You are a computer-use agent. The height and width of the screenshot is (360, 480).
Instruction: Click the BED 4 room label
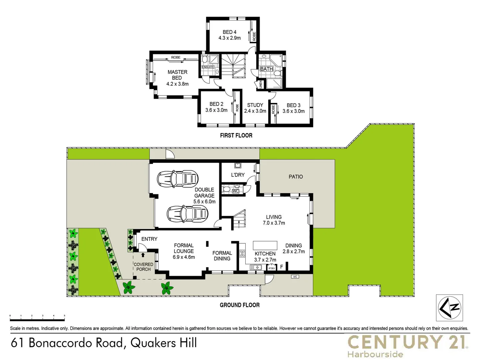(x=230, y=35)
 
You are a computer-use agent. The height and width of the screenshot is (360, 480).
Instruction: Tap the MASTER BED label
(x=177, y=78)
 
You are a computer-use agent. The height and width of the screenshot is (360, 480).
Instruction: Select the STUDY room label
(x=255, y=108)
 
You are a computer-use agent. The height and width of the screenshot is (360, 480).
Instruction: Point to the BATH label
(x=266, y=69)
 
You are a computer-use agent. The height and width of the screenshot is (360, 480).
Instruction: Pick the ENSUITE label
(x=208, y=67)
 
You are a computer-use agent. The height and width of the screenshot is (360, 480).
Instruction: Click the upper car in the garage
(x=178, y=178)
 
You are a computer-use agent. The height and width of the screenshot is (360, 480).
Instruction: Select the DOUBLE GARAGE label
(x=204, y=195)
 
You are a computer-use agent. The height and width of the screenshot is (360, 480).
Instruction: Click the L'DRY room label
(x=238, y=175)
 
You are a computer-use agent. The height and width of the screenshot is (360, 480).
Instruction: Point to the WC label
(x=235, y=191)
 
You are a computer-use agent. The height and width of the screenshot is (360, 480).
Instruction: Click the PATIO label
(x=296, y=177)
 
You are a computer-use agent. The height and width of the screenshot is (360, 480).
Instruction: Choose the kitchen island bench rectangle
(x=265, y=245)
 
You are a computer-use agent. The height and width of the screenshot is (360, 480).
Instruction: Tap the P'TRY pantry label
(x=272, y=268)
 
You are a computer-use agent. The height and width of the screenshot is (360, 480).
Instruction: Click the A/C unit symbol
(x=295, y=277)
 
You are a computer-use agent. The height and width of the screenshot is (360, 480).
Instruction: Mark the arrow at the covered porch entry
(x=143, y=255)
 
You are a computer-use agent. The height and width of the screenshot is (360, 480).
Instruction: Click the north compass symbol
(x=449, y=308)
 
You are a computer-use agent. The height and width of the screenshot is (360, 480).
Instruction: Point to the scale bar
(x=37, y=315)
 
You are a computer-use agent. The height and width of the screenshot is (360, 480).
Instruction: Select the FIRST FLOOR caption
(x=236, y=135)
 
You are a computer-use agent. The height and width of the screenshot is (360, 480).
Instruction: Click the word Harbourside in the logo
(x=375, y=354)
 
